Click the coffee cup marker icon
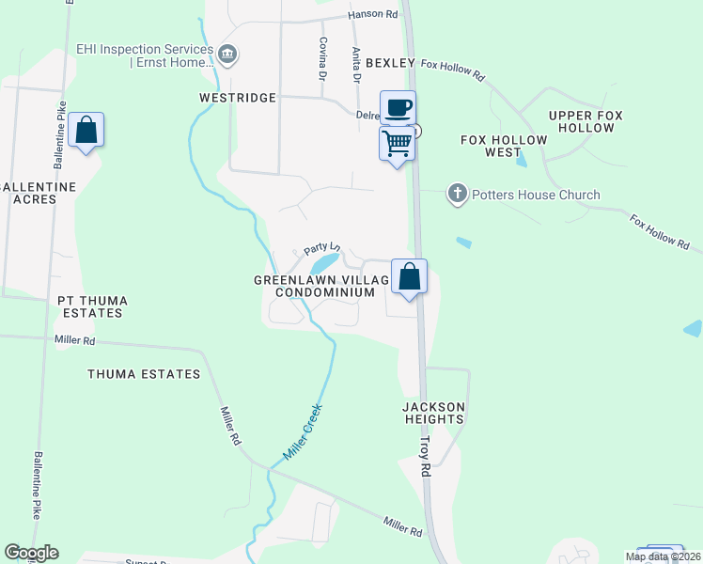click(398, 106)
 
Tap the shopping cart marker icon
click(398, 144)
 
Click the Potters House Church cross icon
click(458, 195)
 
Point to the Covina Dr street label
click(322, 56)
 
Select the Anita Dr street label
click(356, 65)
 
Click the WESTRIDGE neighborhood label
click(238, 97)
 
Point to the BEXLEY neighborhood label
click(390, 63)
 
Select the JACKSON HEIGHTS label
click(433, 413)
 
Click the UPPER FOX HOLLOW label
click(586, 120)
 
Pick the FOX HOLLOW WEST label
click(504, 146)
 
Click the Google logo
click(31, 553)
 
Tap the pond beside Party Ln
click(322, 265)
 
